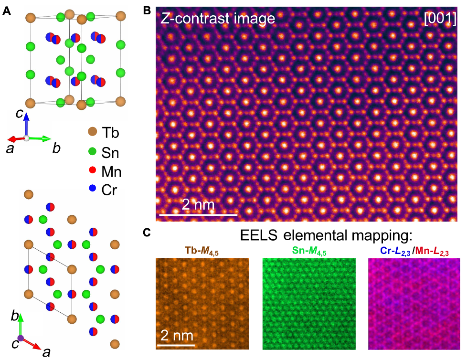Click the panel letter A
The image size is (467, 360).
[7, 11]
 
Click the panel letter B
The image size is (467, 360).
[147, 11]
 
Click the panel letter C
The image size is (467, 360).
[147, 232]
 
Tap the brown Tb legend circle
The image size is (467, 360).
[93, 131]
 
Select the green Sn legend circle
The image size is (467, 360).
[92, 151]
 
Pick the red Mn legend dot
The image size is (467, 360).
[92, 170]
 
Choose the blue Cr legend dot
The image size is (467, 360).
[92, 188]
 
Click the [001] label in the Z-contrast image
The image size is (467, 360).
[440, 19]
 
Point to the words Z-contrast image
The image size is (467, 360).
[218, 19]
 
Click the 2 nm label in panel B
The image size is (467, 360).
[198, 204]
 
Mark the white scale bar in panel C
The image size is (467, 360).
[176, 345]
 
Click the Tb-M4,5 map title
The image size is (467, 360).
[202, 251]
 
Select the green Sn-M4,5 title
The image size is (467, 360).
[309, 251]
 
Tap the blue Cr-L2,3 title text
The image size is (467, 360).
[395, 252]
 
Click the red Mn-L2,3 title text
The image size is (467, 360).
[432, 252]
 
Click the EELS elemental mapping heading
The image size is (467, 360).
[326, 235]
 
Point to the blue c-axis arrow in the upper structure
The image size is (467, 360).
[27, 125]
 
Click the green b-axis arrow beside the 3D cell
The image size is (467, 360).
[39, 138]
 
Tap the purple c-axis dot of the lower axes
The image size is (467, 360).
[21, 338]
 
